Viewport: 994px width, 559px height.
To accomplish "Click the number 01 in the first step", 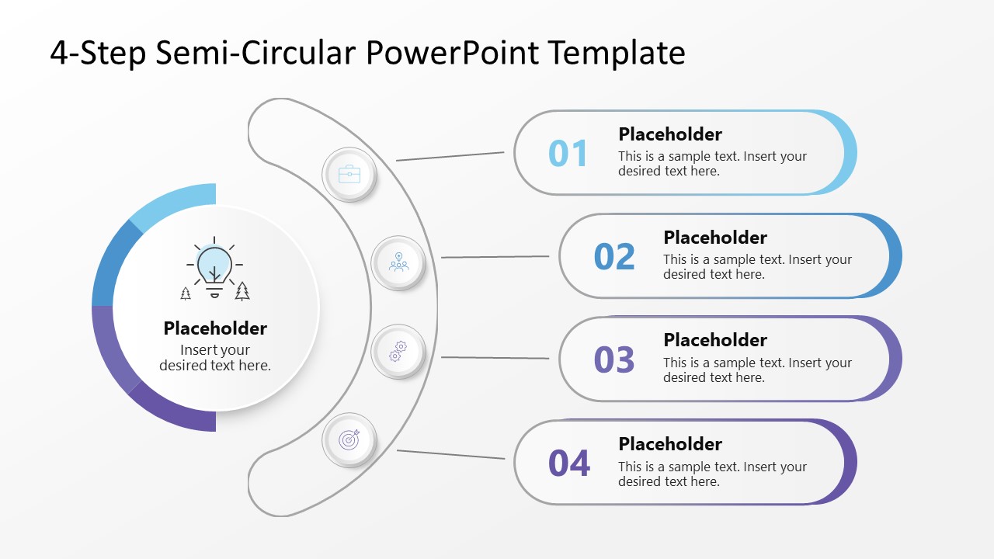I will tap(568, 153).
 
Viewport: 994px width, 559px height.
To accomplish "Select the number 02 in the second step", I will tap(614, 256).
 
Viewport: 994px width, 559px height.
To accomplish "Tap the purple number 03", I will tap(614, 359).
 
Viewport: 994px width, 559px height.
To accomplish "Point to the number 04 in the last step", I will tap(569, 464).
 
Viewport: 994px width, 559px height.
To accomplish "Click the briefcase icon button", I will tap(349, 175).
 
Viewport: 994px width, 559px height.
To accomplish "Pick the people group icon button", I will tap(398, 263).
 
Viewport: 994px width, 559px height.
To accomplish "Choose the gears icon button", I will tap(398, 351).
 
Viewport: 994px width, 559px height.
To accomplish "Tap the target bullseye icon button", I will tap(349, 440).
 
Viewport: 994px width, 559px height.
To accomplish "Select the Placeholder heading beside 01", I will tap(670, 134).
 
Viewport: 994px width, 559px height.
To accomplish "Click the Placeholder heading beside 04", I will tap(670, 444).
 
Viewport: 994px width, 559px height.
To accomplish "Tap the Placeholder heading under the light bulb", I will tap(215, 328).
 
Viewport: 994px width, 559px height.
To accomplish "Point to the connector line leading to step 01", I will tap(450, 156).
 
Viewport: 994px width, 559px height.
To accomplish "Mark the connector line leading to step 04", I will tap(450, 454).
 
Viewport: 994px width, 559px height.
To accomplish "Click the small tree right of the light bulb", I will tap(242, 291).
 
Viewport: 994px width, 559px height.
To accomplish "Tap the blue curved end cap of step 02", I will tap(894, 256).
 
